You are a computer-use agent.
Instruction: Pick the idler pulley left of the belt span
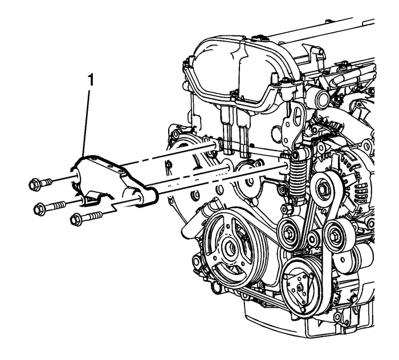287,232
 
